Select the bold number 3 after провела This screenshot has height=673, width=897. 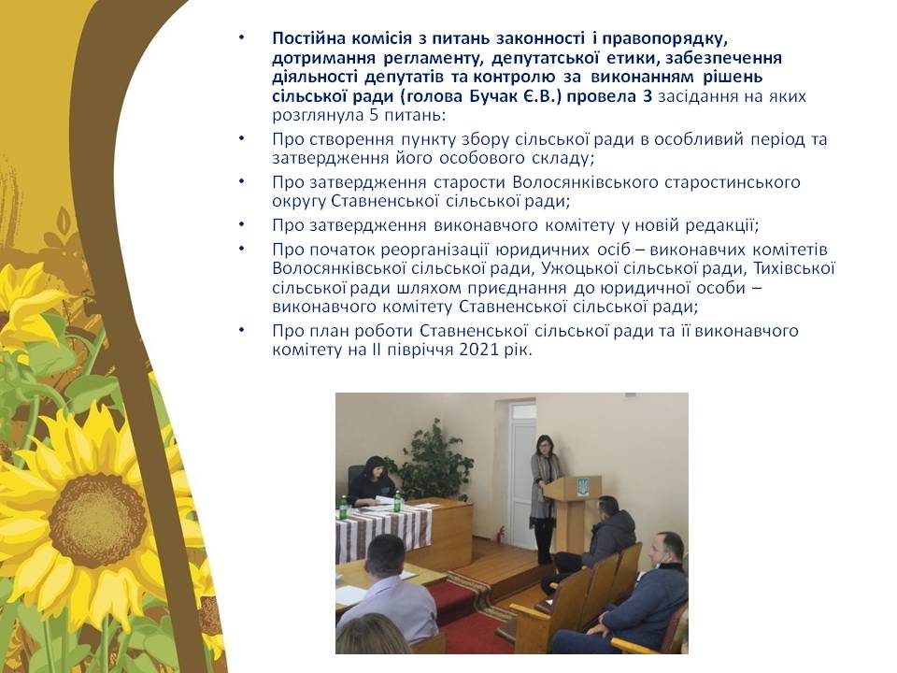(647, 95)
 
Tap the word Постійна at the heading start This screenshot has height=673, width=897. (308, 38)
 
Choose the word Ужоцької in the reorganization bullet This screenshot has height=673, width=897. (579, 268)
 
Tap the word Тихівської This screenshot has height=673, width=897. (794, 268)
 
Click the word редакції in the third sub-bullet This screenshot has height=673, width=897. (723, 225)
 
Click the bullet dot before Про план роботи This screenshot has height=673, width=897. (242, 330)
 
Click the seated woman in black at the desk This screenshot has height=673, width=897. (371, 483)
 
